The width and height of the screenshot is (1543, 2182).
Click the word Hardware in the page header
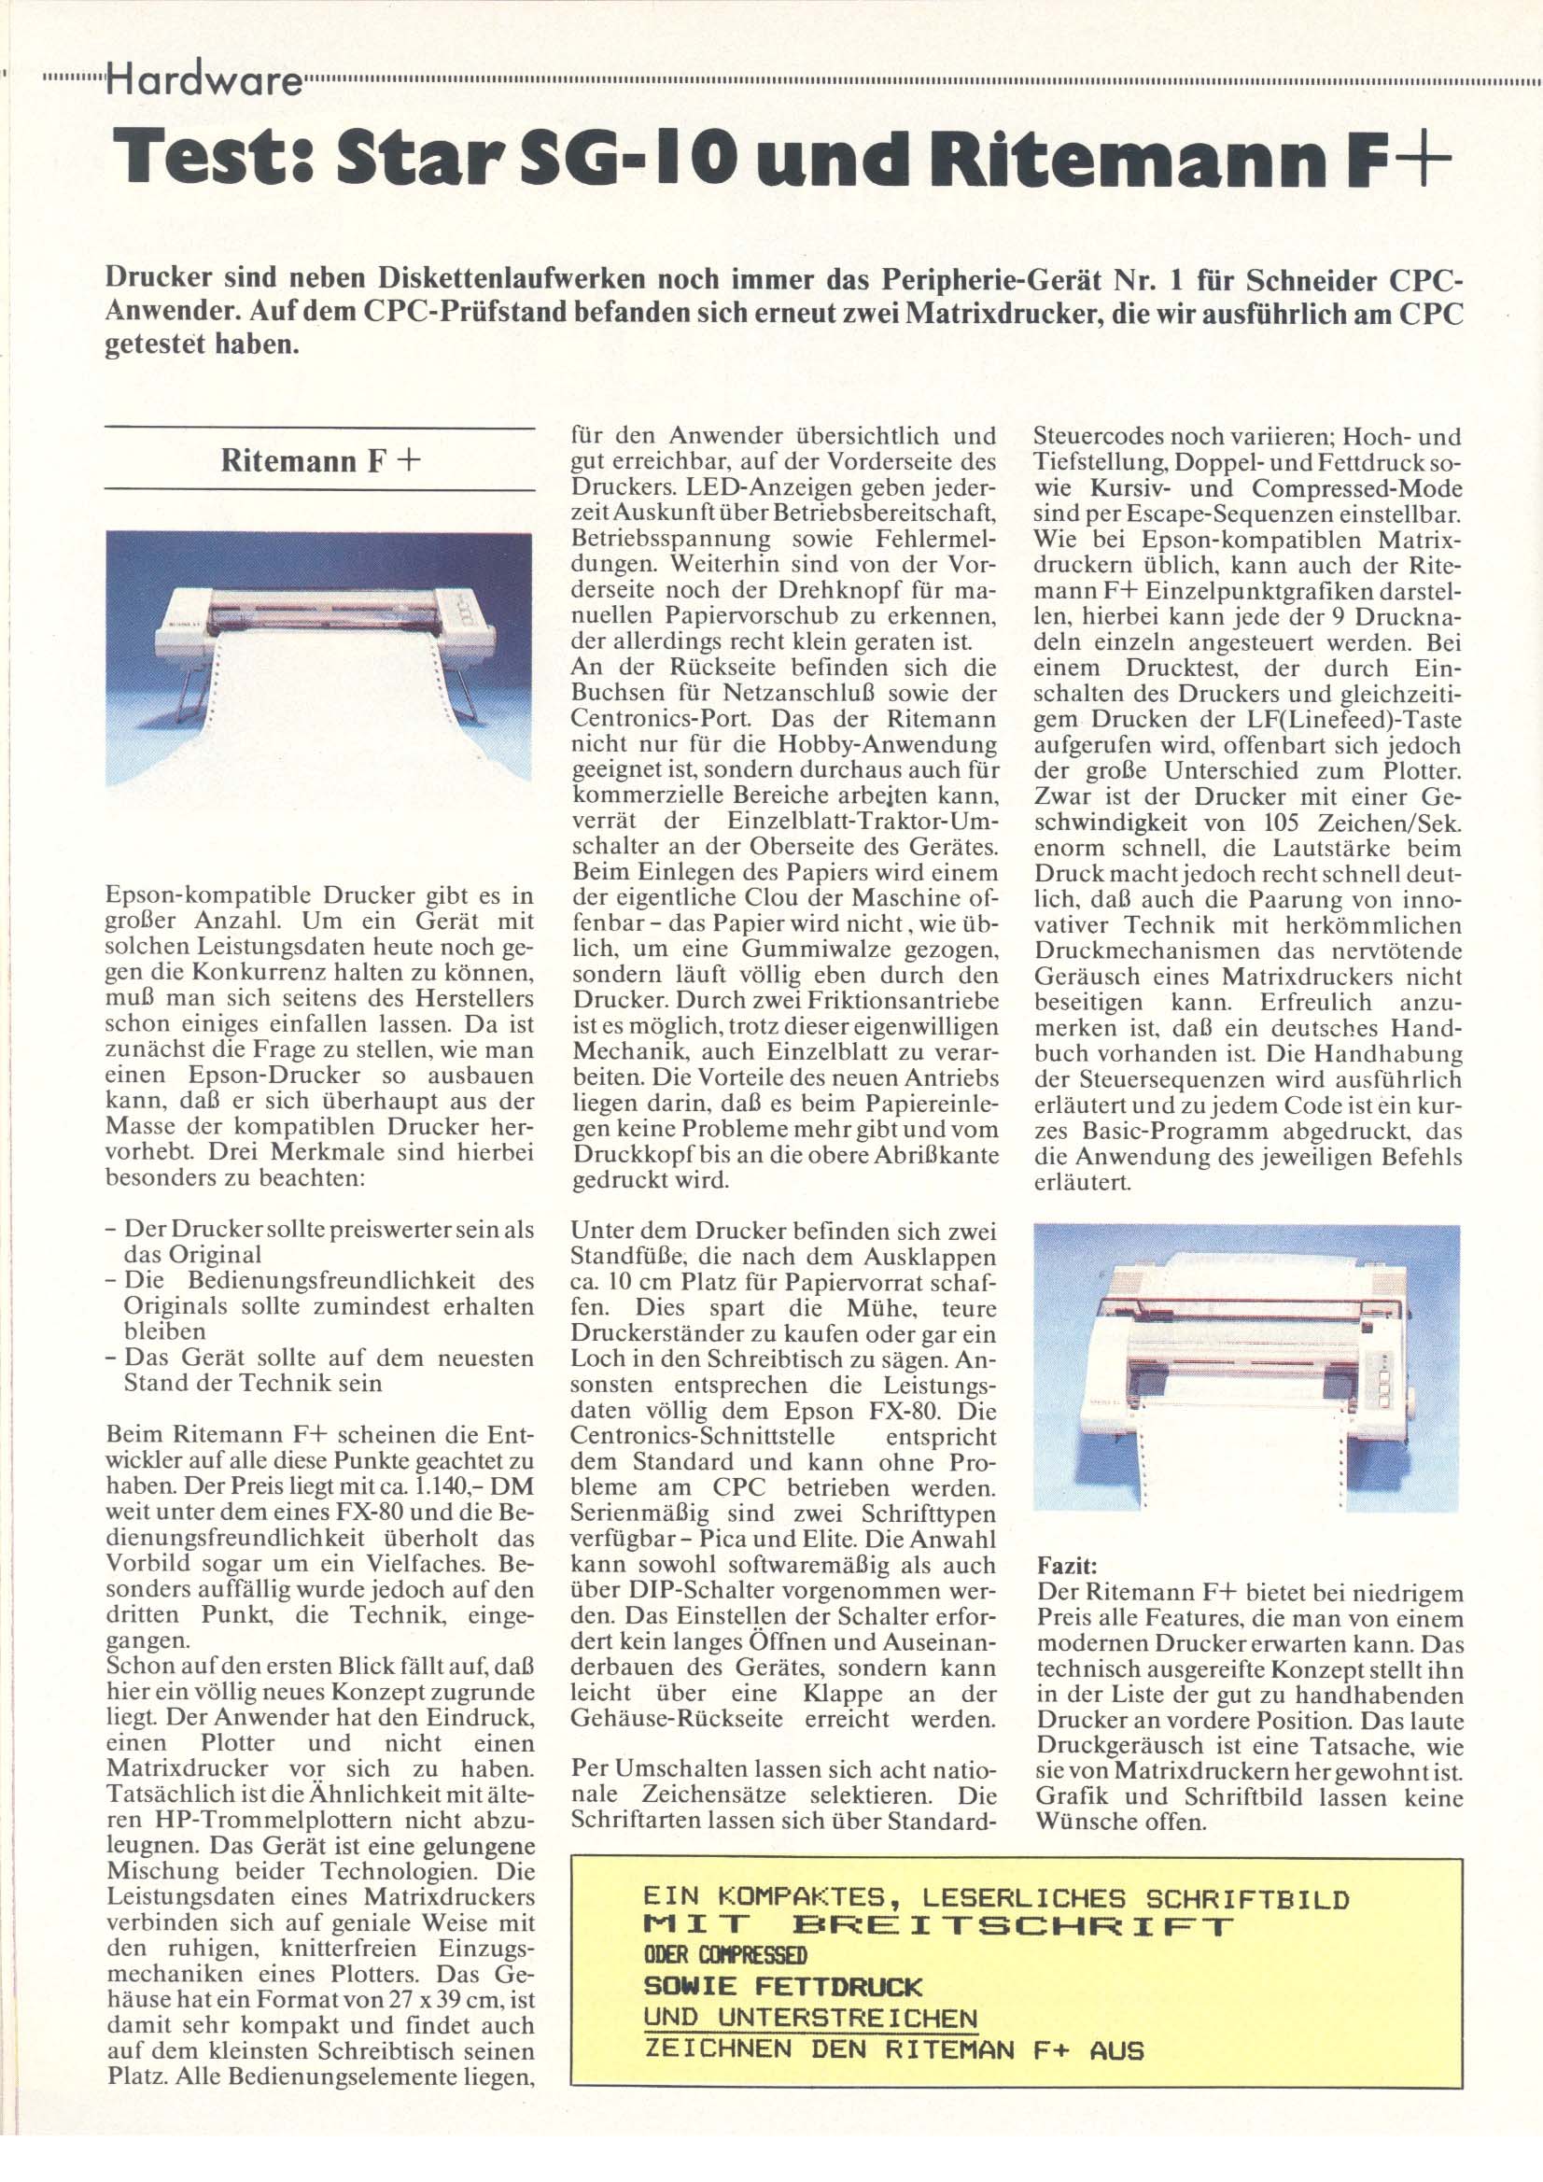[205, 84]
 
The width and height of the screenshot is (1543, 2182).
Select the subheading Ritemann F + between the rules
[320, 461]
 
